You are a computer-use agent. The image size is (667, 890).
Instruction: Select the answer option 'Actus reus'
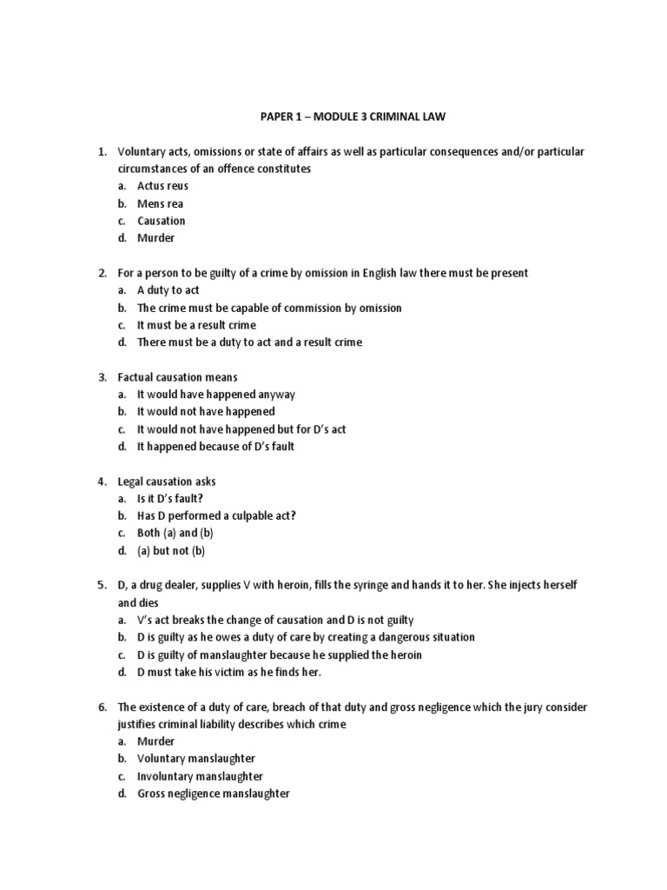[x=162, y=186]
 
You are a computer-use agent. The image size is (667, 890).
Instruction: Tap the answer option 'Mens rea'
[x=160, y=203]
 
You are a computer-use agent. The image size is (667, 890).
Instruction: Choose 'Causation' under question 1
[x=161, y=221]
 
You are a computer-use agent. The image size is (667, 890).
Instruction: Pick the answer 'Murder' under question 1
[x=155, y=238]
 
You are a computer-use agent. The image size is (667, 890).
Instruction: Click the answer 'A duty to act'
[x=168, y=290]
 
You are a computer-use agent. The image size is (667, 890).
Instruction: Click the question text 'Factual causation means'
[x=177, y=377]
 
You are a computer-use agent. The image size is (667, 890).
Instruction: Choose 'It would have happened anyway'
[x=216, y=395]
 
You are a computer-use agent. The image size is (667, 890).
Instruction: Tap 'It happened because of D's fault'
[x=215, y=447]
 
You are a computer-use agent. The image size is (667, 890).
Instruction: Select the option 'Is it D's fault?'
[x=175, y=499]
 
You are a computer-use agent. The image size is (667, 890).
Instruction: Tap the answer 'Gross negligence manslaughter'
[x=213, y=794]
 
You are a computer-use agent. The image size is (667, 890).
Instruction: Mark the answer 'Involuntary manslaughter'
[x=200, y=776]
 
